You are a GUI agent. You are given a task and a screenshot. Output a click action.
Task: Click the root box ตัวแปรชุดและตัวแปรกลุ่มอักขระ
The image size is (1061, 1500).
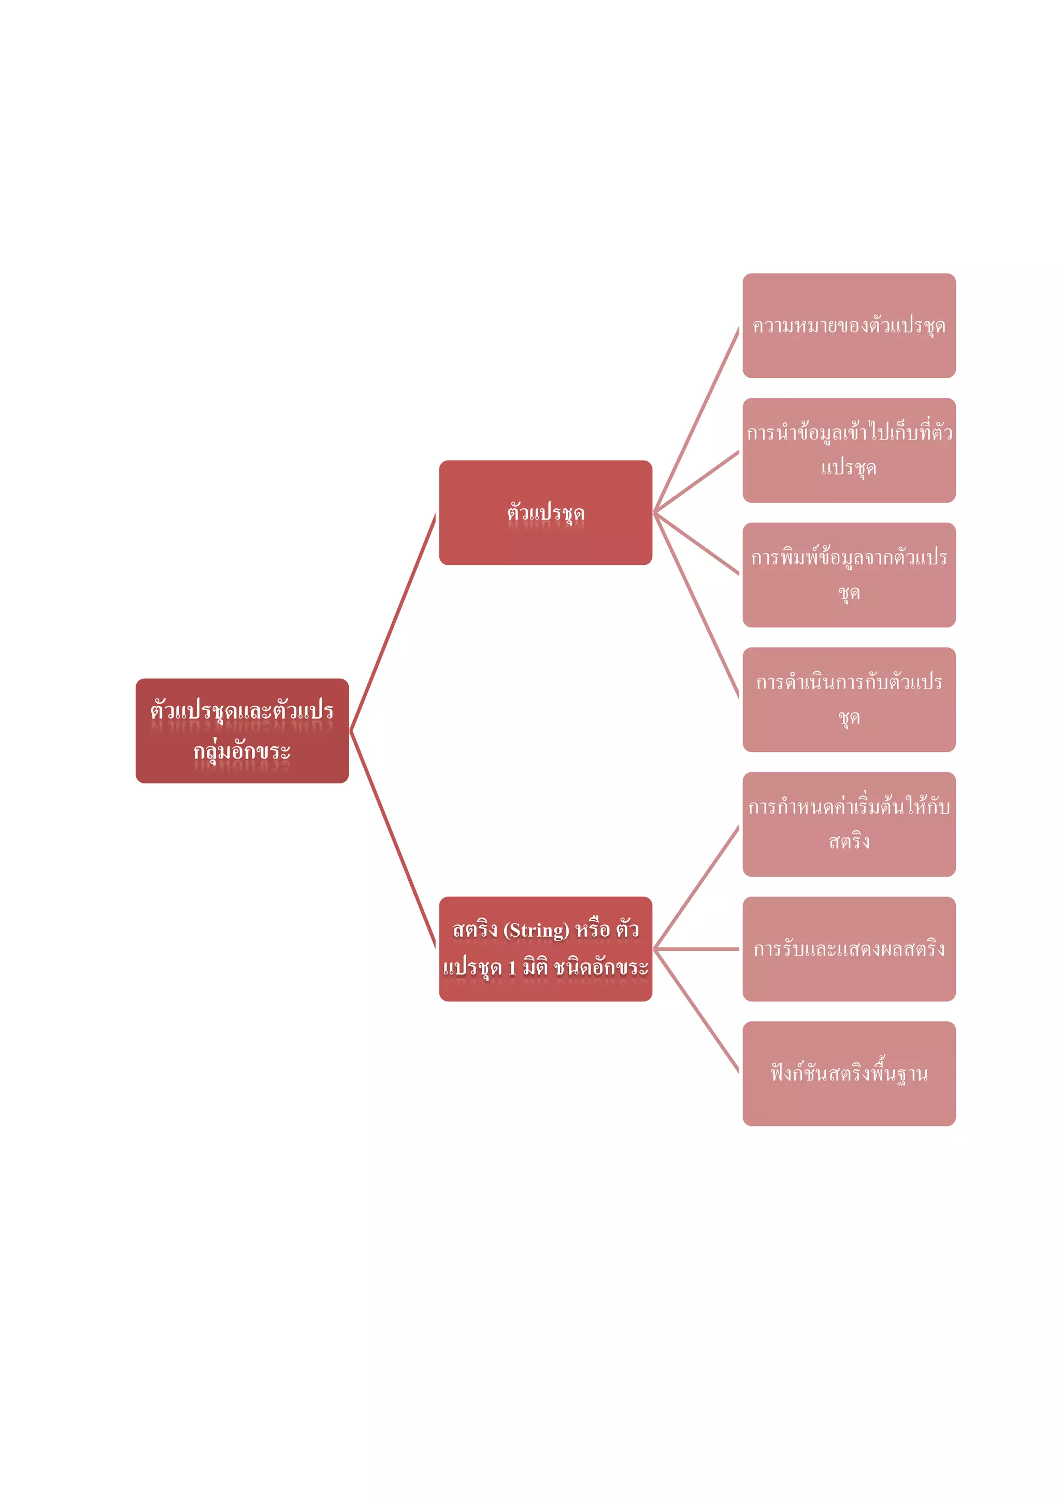[242, 731]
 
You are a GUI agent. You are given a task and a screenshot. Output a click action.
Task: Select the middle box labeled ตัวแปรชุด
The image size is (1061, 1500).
[546, 513]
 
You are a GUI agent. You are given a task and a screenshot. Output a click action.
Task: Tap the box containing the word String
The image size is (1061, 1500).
[546, 949]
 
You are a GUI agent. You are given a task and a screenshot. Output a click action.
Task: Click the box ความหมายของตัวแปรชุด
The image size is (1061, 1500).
[849, 325]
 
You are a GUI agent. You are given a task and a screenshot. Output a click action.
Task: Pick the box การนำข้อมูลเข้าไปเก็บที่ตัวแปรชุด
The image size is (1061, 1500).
[849, 450]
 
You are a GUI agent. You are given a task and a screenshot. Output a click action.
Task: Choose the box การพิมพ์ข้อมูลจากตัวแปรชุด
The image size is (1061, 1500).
[849, 575]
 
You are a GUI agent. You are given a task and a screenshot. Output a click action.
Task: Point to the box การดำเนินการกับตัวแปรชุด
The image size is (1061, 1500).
[849, 699]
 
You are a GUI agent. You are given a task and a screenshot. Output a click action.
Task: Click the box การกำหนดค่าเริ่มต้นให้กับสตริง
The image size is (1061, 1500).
[849, 824]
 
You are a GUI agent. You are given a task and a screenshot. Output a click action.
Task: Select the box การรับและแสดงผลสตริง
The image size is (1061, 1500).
[849, 949]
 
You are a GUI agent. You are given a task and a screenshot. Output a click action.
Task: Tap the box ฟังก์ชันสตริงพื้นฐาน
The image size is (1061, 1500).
[849, 1074]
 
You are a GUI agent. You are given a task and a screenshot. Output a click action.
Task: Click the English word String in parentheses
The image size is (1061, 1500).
[536, 930]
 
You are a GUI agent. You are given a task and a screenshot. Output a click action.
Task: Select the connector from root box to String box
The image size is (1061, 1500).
[393, 839]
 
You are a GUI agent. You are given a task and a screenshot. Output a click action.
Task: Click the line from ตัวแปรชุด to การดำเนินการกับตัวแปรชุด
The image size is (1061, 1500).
[696, 606]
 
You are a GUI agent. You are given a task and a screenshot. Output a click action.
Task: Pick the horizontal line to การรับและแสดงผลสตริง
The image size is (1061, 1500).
[696, 949]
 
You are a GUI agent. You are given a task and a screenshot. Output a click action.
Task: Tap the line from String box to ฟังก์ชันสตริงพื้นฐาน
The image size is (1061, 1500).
[696, 1011]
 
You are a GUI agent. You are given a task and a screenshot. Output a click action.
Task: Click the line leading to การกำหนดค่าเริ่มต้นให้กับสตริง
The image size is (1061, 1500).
[696, 887]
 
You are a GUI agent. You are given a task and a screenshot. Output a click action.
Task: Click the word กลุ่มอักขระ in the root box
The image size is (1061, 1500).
[242, 751]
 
